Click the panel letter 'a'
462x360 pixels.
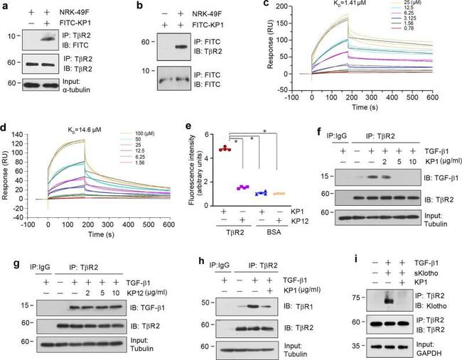point(6,7)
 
